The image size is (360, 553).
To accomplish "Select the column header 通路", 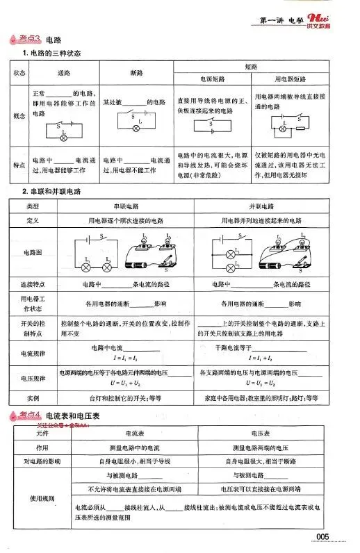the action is (x=64, y=72).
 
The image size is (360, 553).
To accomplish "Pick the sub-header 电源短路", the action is (x=211, y=79).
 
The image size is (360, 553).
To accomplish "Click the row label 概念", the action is (x=17, y=116).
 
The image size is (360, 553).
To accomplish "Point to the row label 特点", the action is (x=17, y=163).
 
